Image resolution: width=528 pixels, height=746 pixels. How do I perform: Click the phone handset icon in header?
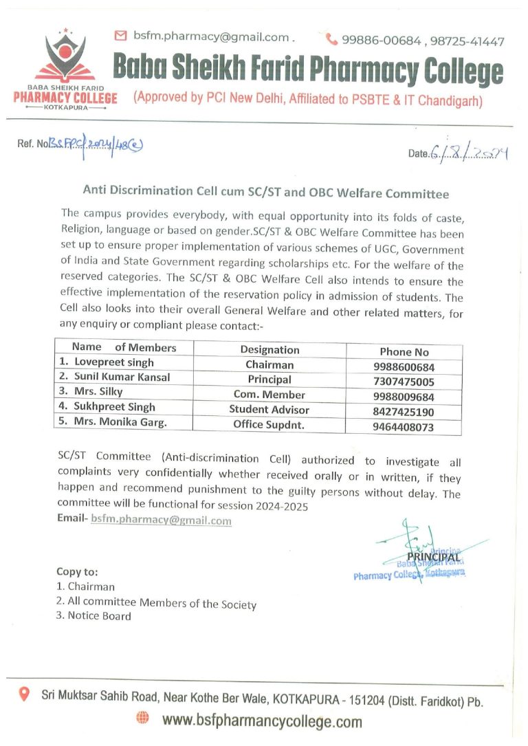[x=331, y=40]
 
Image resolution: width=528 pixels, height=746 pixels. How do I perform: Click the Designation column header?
[x=270, y=350]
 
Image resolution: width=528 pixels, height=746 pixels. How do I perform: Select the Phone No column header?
[x=404, y=352]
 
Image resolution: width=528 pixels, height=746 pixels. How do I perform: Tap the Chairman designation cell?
[x=269, y=365]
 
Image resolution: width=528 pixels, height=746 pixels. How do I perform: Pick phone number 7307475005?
[x=404, y=382]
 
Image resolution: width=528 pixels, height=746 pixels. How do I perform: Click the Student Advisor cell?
[x=269, y=410]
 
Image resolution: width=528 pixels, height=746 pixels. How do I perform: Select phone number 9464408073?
[x=404, y=428]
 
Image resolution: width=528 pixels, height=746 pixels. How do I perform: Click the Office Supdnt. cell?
[x=269, y=425]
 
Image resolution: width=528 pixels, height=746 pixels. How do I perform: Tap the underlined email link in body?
[x=161, y=520]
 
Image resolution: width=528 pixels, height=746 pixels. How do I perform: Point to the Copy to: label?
[x=77, y=571]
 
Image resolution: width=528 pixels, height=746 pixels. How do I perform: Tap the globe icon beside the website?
[x=142, y=718]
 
